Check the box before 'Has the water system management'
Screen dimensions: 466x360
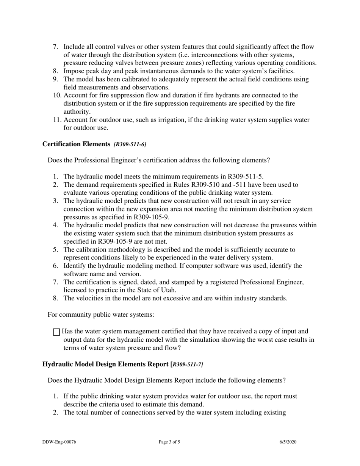[x=56, y=332]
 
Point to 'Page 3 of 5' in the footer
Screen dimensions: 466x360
[x=169, y=442]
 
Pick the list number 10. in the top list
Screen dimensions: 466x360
[x=57, y=95]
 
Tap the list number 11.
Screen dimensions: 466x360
[x=57, y=120]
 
